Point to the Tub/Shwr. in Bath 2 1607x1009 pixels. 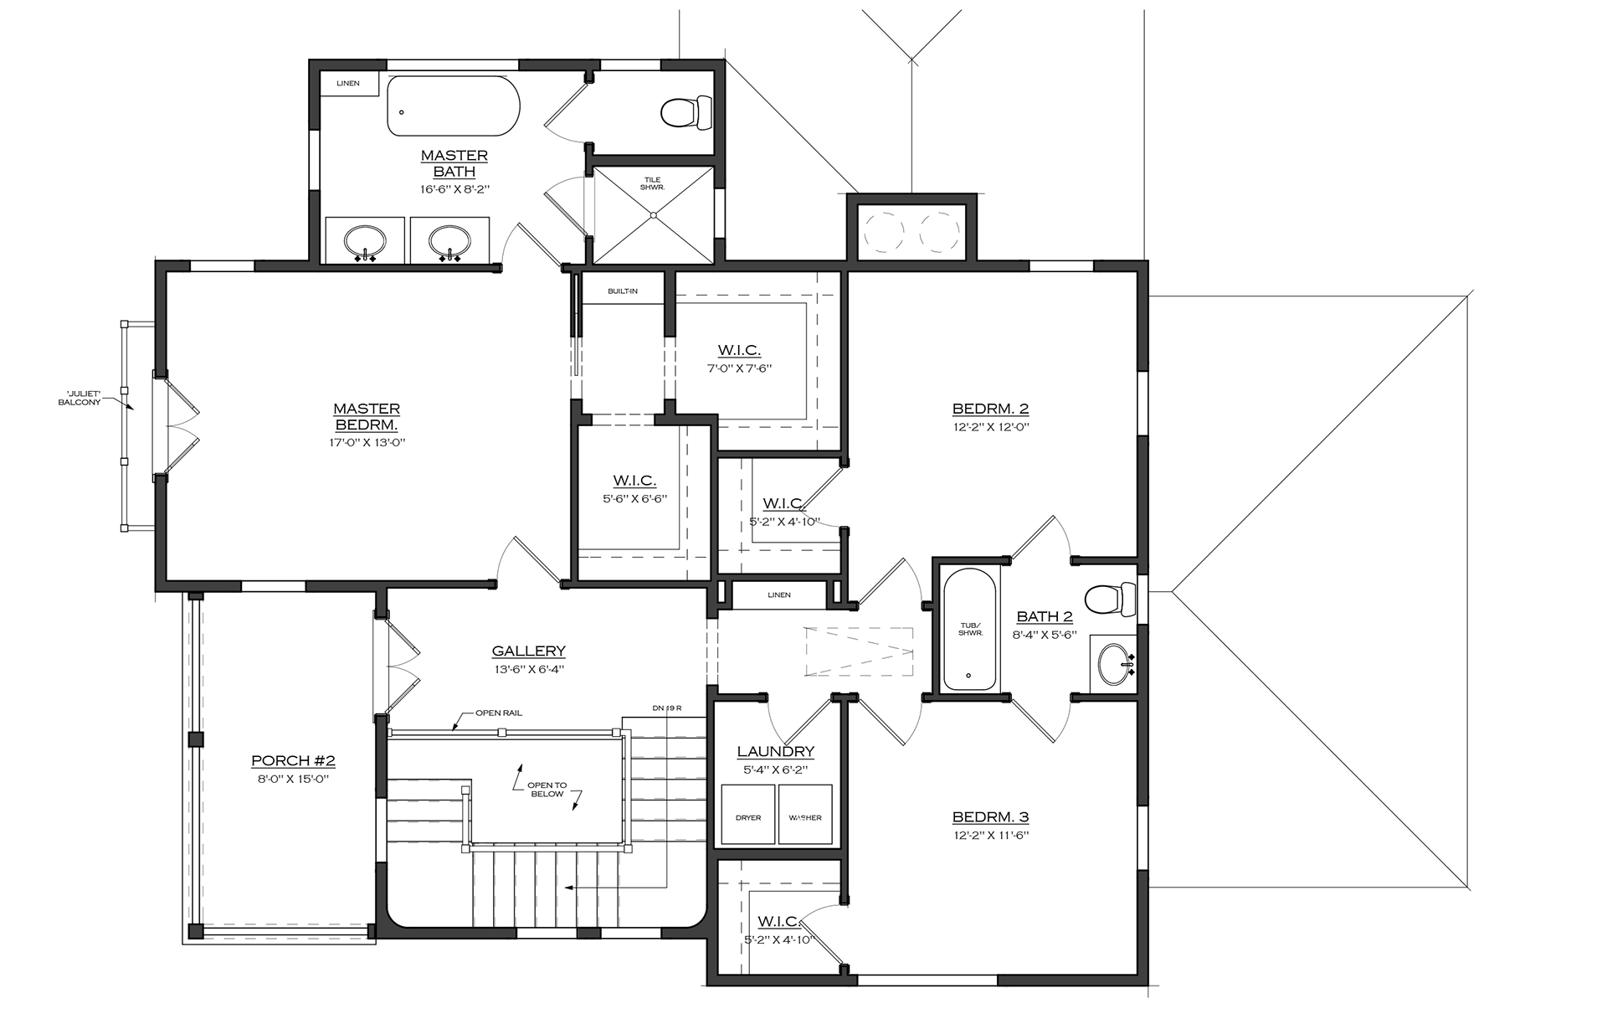970,629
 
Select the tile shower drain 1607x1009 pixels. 654,215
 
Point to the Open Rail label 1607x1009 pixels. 499,713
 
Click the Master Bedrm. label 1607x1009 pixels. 367,417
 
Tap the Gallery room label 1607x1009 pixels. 528,651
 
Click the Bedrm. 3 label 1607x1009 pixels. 990,817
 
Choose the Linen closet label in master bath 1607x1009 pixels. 348,84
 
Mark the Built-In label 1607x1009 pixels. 623,291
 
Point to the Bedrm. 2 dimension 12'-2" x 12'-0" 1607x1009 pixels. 990,427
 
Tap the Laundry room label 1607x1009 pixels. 776,752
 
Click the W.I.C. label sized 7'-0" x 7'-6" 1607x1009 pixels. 739,350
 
